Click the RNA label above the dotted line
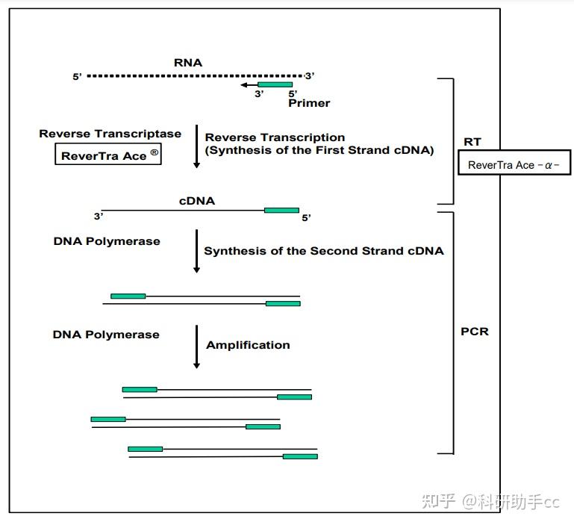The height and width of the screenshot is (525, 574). (x=188, y=63)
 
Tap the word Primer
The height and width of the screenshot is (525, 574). (x=309, y=103)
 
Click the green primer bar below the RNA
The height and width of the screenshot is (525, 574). (x=275, y=85)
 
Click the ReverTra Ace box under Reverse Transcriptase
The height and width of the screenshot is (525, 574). (x=108, y=155)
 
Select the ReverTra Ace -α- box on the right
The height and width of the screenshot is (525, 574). (x=514, y=165)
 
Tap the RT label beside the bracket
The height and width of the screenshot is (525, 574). (x=472, y=142)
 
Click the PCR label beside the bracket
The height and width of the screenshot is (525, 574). (x=475, y=331)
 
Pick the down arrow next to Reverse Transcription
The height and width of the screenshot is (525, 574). (x=196, y=146)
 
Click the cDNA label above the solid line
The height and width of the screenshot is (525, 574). (x=197, y=201)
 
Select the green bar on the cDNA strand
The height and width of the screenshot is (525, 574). (x=281, y=210)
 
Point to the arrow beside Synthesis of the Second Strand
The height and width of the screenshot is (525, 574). (x=196, y=250)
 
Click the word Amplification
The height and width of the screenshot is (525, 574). (x=248, y=345)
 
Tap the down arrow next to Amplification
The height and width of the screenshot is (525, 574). (x=196, y=347)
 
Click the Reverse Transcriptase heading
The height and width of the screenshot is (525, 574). (x=110, y=134)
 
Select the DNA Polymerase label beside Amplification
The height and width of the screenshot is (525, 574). (x=106, y=335)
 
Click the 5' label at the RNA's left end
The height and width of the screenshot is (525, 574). (x=78, y=77)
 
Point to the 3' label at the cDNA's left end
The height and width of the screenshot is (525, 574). (x=99, y=217)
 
